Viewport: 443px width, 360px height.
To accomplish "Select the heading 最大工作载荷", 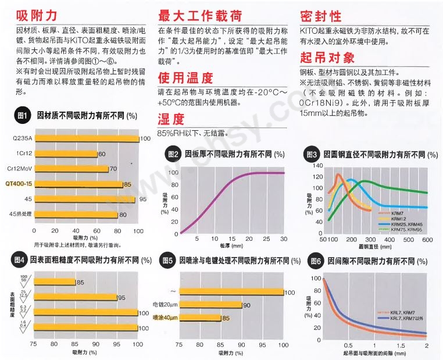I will [x=199, y=16].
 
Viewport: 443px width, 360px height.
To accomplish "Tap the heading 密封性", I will [x=321, y=16].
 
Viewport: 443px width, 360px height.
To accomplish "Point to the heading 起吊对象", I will [x=327, y=58].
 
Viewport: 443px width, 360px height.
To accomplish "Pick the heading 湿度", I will [x=171, y=119].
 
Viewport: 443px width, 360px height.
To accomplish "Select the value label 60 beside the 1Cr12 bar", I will [x=102, y=154].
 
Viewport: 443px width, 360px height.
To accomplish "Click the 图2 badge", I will [x=173, y=155].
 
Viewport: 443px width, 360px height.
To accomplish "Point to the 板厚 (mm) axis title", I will [x=231, y=247].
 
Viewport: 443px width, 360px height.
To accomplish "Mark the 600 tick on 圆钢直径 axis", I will [x=427, y=240].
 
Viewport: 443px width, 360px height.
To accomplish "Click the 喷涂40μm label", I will [x=165, y=318].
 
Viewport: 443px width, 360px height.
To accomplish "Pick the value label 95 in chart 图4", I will [x=122, y=297].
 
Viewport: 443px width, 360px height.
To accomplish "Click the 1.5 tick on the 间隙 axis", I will [x=401, y=345].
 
